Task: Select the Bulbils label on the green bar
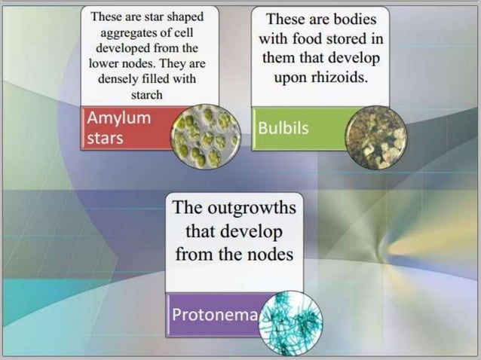pyautogui.click(x=283, y=128)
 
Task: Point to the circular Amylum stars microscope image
pyautogui.click(x=206, y=136)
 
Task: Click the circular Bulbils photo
pyautogui.click(x=376, y=137)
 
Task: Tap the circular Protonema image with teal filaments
pyautogui.click(x=290, y=322)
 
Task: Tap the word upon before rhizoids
pyautogui.click(x=290, y=78)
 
